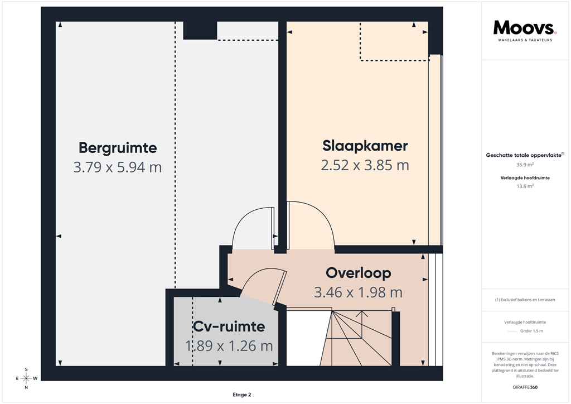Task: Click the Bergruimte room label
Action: pos(118,148)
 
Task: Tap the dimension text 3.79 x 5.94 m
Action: pos(118,167)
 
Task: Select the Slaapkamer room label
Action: pos(365,146)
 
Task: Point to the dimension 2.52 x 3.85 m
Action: pos(365,165)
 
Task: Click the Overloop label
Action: pos(358,273)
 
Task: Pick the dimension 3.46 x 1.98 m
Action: pos(358,292)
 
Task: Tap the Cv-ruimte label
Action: pos(229,326)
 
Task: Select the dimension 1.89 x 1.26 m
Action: pos(229,346)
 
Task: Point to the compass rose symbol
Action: pos(26,378)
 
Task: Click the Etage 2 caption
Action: pos(242,395)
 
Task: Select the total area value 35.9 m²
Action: pos(525,165)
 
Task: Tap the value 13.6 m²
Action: pos(525,186)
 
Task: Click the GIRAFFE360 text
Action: pos(525,387)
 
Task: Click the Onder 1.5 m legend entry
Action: pos(531,331)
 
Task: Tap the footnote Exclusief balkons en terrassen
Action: pos(525,300)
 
